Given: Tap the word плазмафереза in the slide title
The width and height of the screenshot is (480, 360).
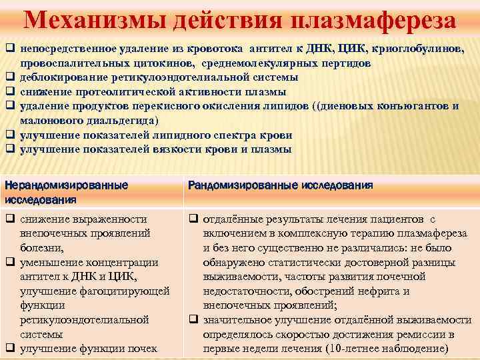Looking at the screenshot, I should click(373, 19).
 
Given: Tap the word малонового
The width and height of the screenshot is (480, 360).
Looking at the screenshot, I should click(51, 121).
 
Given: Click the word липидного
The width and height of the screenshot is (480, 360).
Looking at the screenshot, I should click(187, 135).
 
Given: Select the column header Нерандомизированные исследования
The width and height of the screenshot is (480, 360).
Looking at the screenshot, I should click(66, 191).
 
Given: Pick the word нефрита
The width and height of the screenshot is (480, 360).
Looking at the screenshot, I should click(386, 291).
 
